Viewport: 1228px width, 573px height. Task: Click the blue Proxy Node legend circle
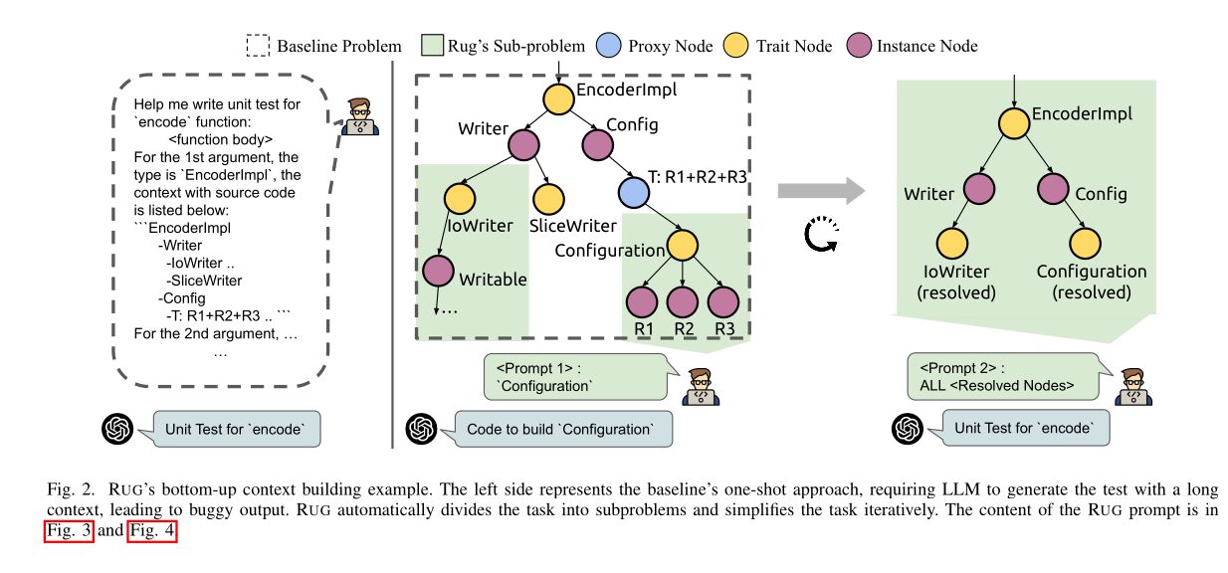(607, 46)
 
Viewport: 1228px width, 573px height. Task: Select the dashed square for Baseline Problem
(257, 46)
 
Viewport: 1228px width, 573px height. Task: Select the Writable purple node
(437, 272)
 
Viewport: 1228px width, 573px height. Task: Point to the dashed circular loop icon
(822, 237)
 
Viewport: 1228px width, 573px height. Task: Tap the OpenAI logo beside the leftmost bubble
(119, 429)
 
